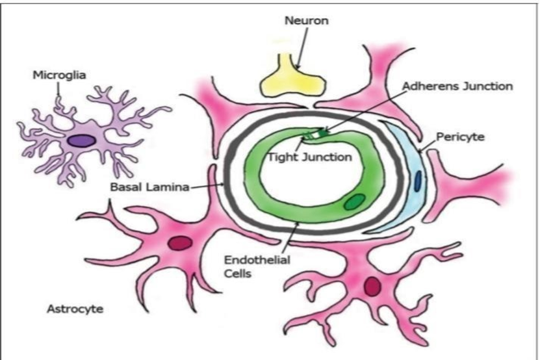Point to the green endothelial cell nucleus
pyautogui.click(x=354, y=202)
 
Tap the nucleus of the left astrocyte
pyautogui.click(x=180, y=243)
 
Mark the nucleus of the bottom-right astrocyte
pyautogui.click(x=373, y=287)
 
